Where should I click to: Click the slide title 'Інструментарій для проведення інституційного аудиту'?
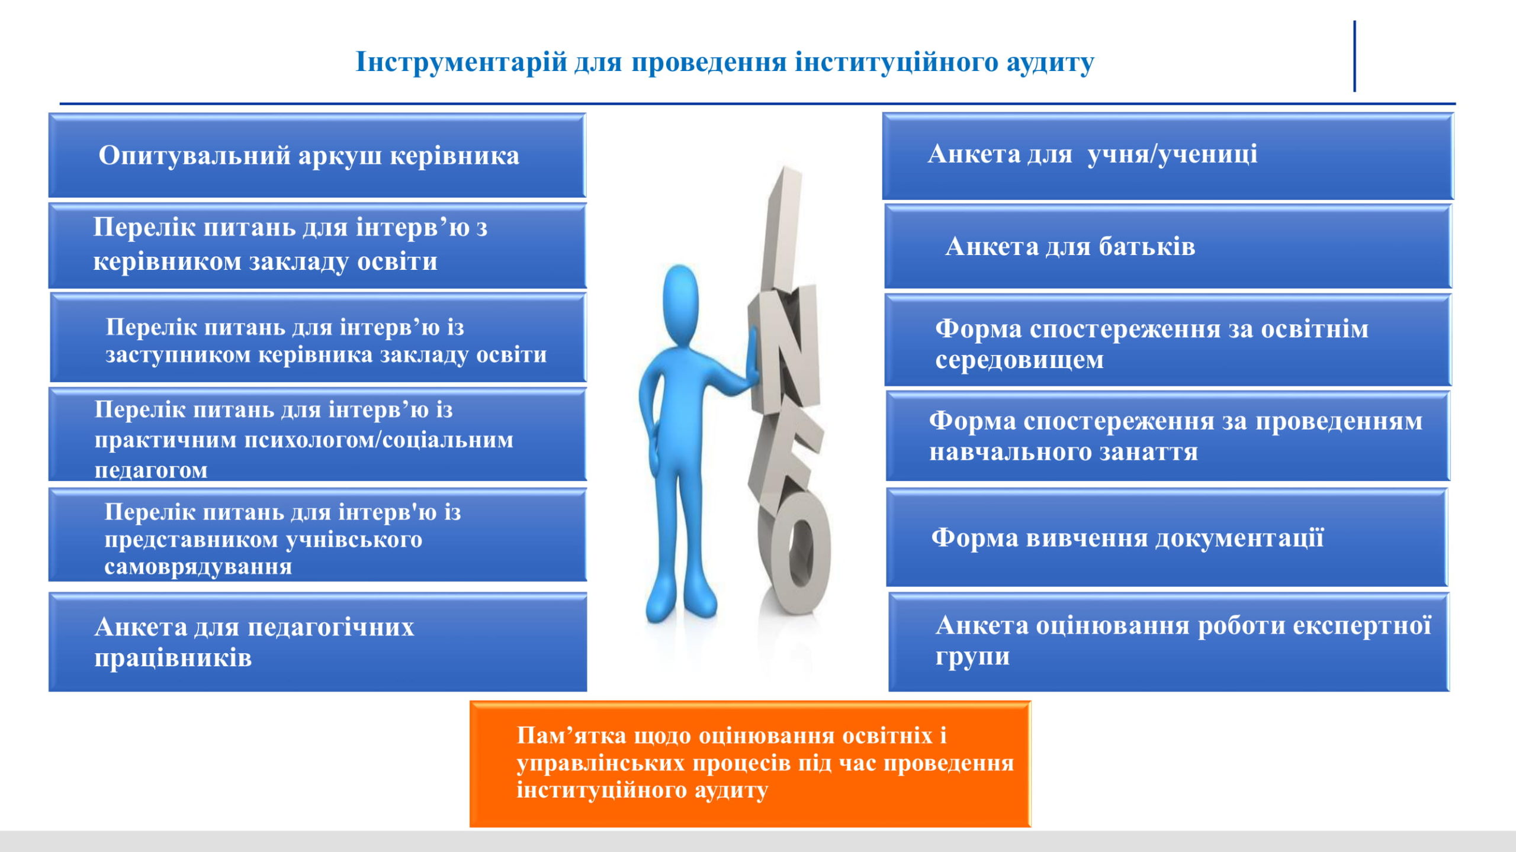(724, 62)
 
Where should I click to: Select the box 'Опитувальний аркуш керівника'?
(317, 155)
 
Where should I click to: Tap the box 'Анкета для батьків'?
(1168, 246)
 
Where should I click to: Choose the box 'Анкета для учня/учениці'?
(1168, 156)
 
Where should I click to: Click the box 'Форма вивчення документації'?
(1167, 537)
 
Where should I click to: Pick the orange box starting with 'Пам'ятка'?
(750, 764)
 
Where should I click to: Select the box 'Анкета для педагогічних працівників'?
(318, 642)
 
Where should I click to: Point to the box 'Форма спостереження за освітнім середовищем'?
(1168, 340)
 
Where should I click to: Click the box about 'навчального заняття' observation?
(1168, 435)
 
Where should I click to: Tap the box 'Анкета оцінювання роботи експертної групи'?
(1169, 642)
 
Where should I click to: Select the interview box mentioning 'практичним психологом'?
(317, 434)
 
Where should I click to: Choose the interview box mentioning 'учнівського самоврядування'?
(317, 535)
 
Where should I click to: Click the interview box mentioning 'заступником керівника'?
(318, 338)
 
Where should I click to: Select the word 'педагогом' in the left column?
(151, 470)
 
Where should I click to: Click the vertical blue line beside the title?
(1354, 56)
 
